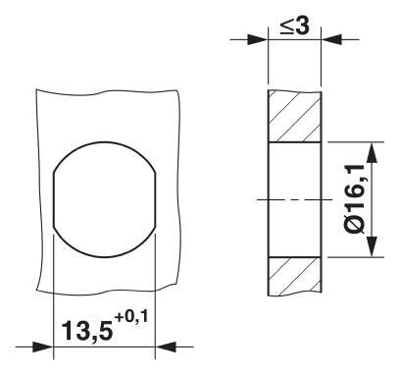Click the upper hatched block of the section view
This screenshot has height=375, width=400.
294,115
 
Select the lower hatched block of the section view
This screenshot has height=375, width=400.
294,277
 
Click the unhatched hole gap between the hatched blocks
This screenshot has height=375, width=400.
294,177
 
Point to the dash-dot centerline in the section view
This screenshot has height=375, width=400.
294,199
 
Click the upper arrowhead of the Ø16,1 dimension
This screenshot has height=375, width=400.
371,149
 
